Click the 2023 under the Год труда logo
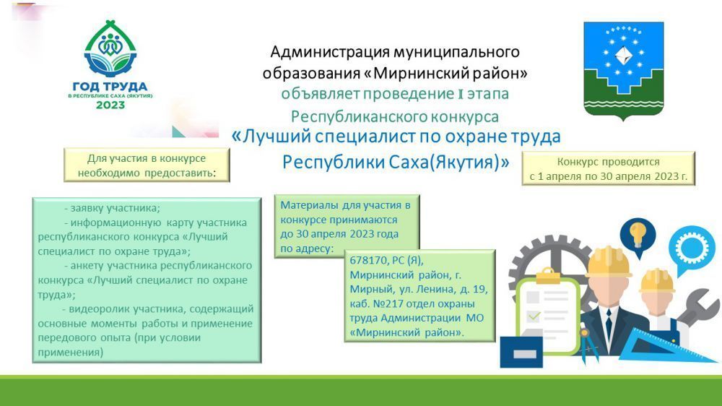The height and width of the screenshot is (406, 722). [x=110, y=105]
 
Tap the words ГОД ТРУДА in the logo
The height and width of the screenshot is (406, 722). [x=110, y=87]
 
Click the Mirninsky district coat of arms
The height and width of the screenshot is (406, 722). [x=624, y=71]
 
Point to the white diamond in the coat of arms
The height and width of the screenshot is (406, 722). [x=624, y=56]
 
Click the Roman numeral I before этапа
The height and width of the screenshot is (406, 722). [x=460, y=95]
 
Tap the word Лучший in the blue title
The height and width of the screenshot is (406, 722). [x=270, y=137]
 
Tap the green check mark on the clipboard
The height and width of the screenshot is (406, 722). [x=534, y=316]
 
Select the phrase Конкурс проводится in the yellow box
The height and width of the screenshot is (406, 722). [x=608, y=163]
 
